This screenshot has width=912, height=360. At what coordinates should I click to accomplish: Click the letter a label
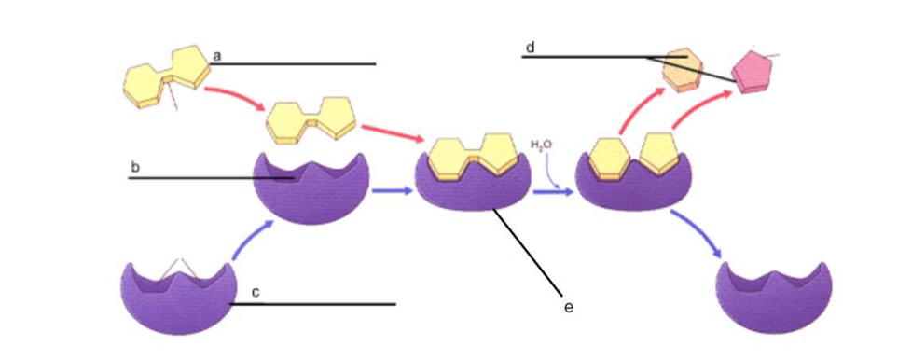(x=217, y=56)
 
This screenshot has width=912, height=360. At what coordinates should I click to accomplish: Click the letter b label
(x=135, y=168)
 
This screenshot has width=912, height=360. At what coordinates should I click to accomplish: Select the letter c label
(x=256, y=293)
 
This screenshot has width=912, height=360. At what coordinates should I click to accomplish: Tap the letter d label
(x=530, y=48)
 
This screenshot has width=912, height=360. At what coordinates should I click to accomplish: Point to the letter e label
(x=569, y=307)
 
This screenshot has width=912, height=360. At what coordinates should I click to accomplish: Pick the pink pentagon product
(x=751, y=72)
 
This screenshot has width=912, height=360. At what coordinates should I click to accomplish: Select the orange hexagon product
(x=684, y=70)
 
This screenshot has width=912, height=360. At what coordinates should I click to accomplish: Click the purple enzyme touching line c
(x=178, y=298)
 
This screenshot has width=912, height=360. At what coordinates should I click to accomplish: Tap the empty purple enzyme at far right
(x=774, y=298)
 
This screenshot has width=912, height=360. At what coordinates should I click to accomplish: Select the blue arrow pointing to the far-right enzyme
(x=697, y=232)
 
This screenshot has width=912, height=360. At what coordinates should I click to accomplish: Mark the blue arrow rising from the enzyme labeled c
(x=250, y=239)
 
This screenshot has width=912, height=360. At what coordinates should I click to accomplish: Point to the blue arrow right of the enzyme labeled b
(x=391, y=191)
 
